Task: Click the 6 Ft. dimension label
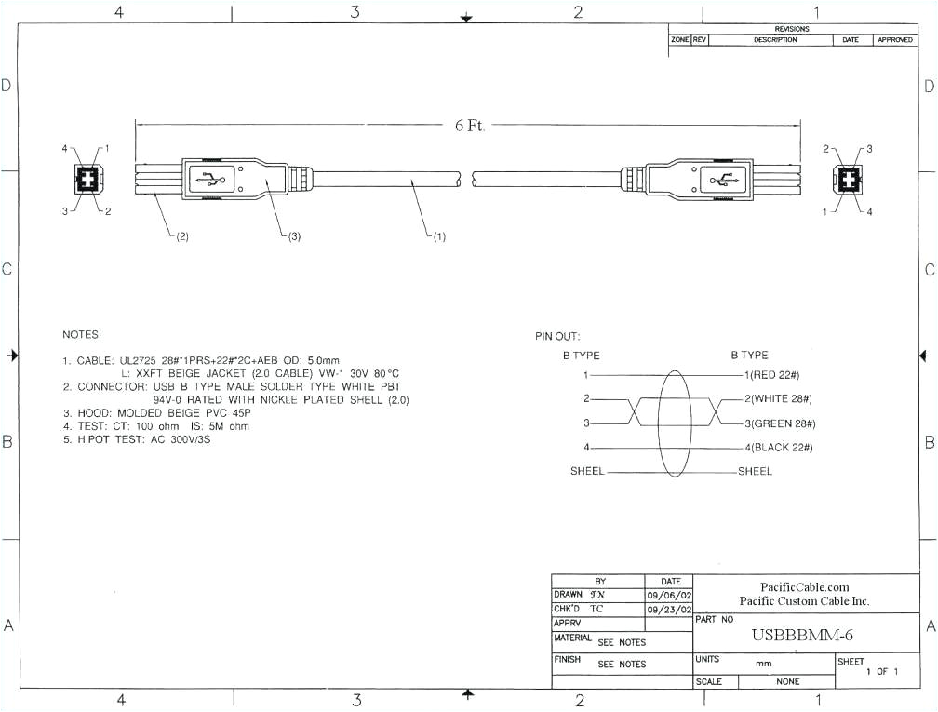(470, 126)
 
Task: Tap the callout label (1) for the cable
(436, 236)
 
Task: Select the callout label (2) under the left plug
(181, 236)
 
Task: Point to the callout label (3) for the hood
(291, 236)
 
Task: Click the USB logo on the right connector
(721, 179)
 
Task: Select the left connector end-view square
(86, 179)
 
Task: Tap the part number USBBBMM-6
(801, 635)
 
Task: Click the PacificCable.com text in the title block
(805, 586)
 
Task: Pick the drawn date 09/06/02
(668, 595)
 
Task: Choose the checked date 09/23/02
(668, 609)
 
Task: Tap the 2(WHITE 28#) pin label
(779, 398)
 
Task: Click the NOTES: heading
(82, 333)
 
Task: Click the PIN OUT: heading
(556, 336)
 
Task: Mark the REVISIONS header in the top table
(792, 29)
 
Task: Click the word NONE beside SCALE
(787, 682)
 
